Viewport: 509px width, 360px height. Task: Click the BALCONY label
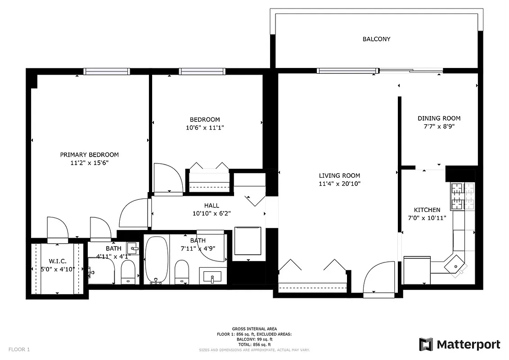tap(376, 39)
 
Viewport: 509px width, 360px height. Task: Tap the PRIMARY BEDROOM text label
tap(90, 155)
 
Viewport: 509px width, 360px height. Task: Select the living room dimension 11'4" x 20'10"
tap(340, 184)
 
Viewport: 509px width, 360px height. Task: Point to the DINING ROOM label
tap(439, 118)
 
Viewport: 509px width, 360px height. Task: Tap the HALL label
tap(212, 206)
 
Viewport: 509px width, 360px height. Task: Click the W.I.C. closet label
tap(57, 261)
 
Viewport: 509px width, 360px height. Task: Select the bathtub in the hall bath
tap(156, 260)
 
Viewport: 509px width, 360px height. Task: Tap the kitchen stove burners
tap(463, 196)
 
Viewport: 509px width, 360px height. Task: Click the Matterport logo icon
tap(426, 345)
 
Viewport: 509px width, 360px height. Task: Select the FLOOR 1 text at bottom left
tap(19, 349)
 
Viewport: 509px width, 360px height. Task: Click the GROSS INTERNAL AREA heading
tap(254, 329)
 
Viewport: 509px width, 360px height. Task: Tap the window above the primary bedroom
tap(107, 71)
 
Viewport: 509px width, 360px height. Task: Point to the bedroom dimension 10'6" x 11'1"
tap(205, 127)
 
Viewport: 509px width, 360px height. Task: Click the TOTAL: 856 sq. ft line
tap(254, 344)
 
